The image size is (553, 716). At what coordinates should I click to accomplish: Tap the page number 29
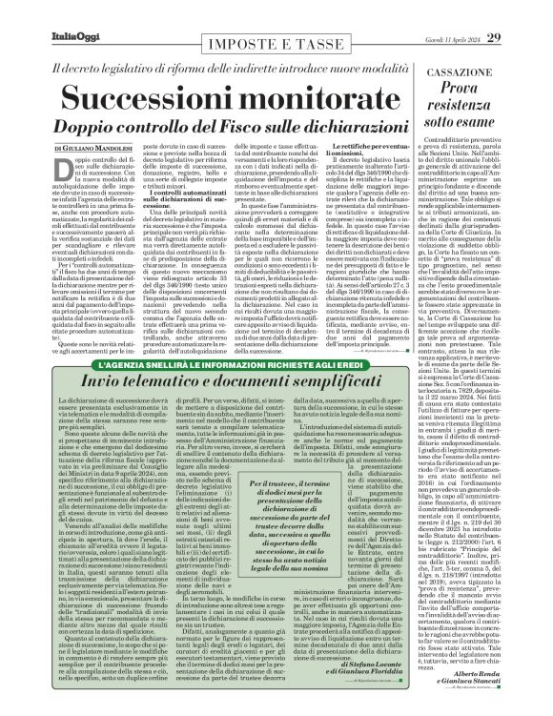(520, 10)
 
